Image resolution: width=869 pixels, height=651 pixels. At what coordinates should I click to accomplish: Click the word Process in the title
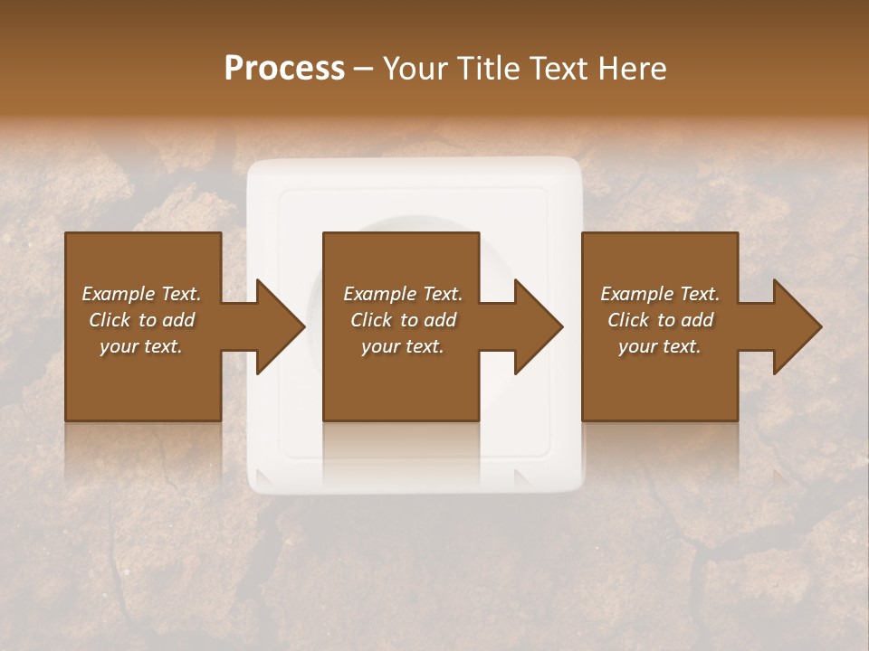point(284,69)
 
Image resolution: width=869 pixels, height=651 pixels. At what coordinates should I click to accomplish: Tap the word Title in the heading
point(483,69)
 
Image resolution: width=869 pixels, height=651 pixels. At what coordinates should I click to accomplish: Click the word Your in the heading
point(413,69)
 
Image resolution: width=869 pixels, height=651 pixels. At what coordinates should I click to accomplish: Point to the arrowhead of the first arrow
point(282,326)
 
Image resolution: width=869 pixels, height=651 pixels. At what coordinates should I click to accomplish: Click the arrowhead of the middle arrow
point(540,326)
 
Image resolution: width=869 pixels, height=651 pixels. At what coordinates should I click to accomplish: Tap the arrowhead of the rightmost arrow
point(797,326)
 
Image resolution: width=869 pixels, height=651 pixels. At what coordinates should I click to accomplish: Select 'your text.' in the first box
point(141,346)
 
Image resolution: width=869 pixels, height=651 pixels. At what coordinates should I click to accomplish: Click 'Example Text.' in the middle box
point(403,294)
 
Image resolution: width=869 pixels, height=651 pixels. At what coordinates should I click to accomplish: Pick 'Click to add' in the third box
point(660,320)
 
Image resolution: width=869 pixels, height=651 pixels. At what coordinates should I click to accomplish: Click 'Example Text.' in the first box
point(141,294)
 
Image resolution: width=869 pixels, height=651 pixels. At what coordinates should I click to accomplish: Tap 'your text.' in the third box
point(660,346)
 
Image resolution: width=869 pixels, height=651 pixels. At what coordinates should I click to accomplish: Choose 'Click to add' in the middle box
point(403,320)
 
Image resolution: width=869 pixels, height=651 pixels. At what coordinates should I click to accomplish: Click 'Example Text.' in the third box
point(660,294)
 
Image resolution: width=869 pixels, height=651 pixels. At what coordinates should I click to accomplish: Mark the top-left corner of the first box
point(66,233)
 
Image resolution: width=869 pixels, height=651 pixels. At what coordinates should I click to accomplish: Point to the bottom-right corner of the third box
point(737,420)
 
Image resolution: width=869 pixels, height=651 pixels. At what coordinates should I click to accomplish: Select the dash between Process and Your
point(363,70)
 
